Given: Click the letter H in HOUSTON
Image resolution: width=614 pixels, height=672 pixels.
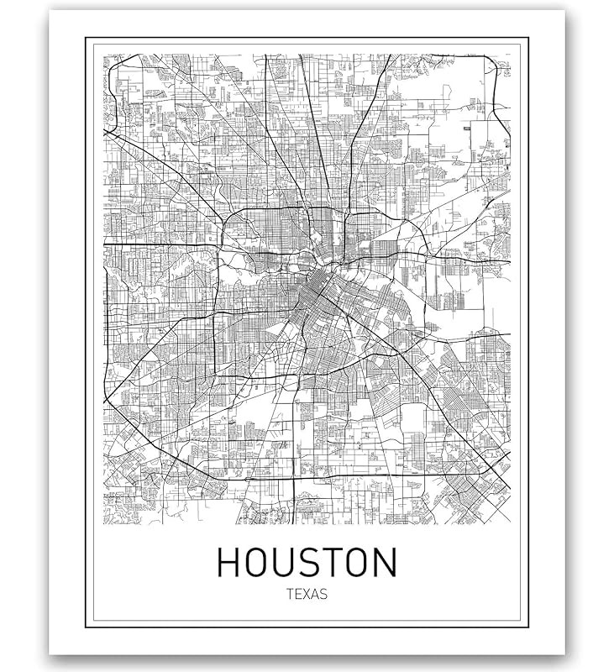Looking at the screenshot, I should coord(229,563).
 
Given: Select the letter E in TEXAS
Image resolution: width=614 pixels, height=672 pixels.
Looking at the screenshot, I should coord(298,594).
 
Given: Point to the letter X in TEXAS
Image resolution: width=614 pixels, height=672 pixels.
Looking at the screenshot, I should coord(307,594).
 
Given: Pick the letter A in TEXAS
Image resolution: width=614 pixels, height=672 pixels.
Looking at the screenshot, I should coord(315,594).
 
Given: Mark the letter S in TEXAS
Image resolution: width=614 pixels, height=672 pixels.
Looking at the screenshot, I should coord(323,594).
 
